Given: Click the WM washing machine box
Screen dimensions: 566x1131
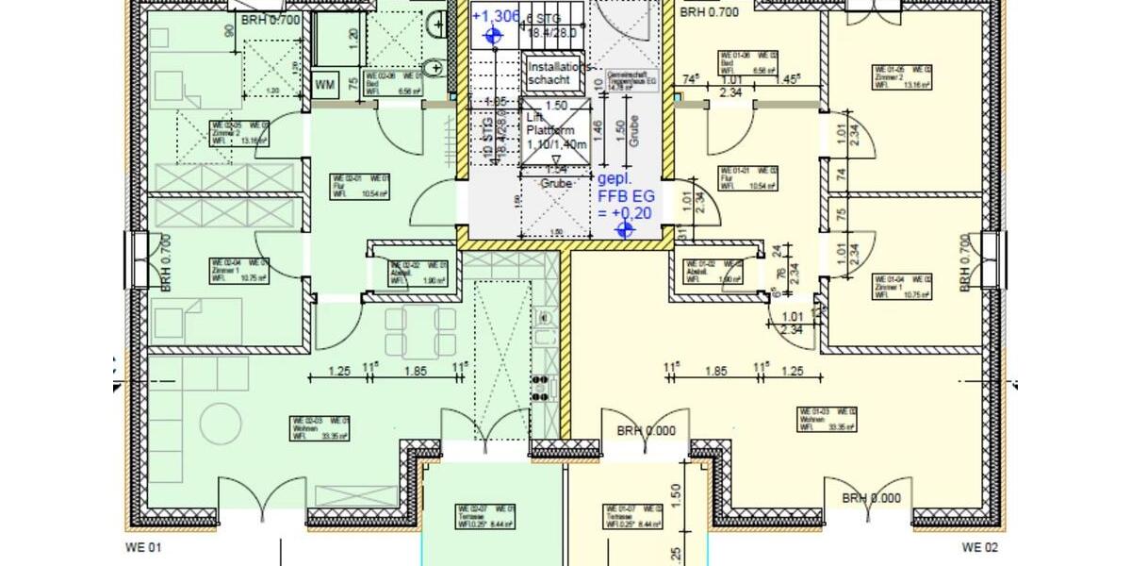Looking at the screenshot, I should point(325,84).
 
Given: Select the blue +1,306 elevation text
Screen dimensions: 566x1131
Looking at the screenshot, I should point(496,16).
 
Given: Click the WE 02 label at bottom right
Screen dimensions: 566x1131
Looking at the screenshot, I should point(979,547).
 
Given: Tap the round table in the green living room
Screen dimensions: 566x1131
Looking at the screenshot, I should point(220,422).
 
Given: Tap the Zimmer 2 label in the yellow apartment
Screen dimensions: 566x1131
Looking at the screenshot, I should point(895,77).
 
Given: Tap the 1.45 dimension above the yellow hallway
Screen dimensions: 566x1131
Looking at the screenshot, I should point(788,81).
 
